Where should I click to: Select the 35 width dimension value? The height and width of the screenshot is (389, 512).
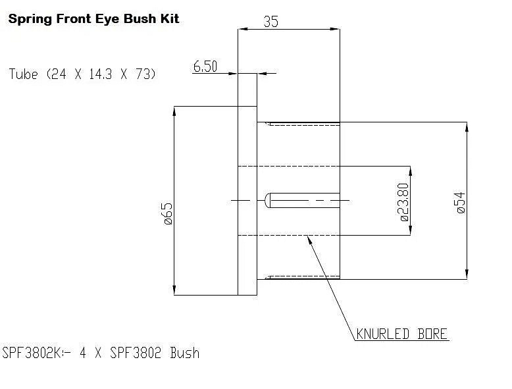(271, 22)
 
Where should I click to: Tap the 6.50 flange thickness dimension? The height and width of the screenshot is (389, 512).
(205, 66)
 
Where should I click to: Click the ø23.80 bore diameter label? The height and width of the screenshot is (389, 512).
(403, 202)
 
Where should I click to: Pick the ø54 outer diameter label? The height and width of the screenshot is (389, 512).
(461, 203)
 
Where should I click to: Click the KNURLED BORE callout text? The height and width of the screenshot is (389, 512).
(401, 334)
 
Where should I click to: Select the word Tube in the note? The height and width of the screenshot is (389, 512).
(23, 74)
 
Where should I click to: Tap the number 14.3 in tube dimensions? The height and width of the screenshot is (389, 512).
(101, 74)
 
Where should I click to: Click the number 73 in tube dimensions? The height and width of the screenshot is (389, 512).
(143, 74)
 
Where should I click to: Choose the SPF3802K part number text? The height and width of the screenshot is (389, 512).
(32, 353)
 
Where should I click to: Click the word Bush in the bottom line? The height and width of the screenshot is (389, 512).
(185, 353)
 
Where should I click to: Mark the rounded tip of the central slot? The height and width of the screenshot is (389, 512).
(267, 200)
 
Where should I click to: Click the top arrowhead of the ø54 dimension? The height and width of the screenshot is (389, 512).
(467, 127)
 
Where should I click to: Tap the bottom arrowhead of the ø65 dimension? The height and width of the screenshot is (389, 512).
(174, 290)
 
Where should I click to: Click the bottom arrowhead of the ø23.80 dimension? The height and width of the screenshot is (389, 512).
(411, 230)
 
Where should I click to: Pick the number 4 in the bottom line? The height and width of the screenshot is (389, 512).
(83, 353)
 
